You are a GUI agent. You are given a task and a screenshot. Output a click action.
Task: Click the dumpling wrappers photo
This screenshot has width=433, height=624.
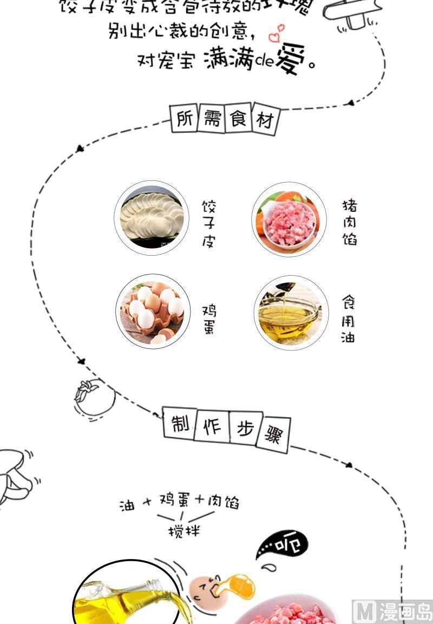click(151, 218)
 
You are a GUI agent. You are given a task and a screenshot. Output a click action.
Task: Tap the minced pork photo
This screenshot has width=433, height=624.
click(289, 219)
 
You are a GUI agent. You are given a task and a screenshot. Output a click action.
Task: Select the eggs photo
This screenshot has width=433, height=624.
click(154, 311)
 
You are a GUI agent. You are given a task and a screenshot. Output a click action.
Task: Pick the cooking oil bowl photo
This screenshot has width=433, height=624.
click(291, 313)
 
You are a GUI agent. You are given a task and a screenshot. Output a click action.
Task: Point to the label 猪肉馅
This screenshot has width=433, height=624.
click(350, 222)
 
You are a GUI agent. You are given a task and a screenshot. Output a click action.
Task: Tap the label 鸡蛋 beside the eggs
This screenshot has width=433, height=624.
click(209, 319)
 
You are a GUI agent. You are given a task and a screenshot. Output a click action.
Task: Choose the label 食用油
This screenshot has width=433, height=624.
click(349, 319)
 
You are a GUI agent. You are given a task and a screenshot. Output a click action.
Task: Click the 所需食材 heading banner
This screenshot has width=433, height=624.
click(225, 119)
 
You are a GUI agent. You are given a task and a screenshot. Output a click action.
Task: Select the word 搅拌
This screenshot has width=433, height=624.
click(184, 530)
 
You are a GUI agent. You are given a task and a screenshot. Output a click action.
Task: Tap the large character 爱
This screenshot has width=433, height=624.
click(291, 59)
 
